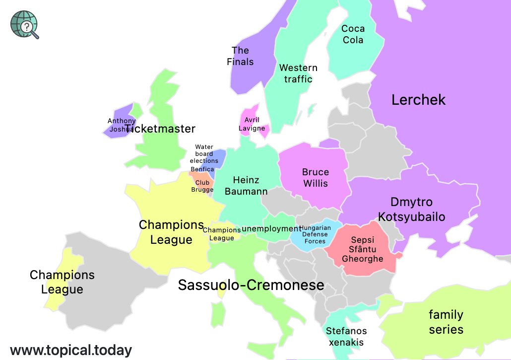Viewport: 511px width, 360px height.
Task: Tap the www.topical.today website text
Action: coord(71,350)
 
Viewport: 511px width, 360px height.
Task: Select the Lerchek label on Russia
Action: coord(418,100)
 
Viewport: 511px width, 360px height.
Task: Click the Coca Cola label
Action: coord(353,34)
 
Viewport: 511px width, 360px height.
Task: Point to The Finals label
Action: coord(240,56)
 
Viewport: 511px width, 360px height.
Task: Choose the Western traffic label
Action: coord(298,73)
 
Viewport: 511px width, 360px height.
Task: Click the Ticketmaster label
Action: coord(160,129)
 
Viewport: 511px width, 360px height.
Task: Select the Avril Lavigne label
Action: coord(252,124)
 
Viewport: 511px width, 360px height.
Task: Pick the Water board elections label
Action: coord(204,154)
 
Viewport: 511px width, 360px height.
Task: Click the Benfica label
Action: coord(202,169)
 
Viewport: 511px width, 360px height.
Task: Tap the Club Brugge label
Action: coord(202,186)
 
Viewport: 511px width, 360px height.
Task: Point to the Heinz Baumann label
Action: coord(246,186)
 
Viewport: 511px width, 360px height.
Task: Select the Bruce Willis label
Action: coord(316,178)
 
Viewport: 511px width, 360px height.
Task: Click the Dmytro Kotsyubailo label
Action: coord(411,210)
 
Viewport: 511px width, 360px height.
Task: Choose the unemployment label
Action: coord(271,229)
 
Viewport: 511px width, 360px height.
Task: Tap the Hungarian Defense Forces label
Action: coord(315,234)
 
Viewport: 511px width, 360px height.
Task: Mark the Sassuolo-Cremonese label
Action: coord(251,286)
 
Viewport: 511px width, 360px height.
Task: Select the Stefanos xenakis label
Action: coord(346,337)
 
